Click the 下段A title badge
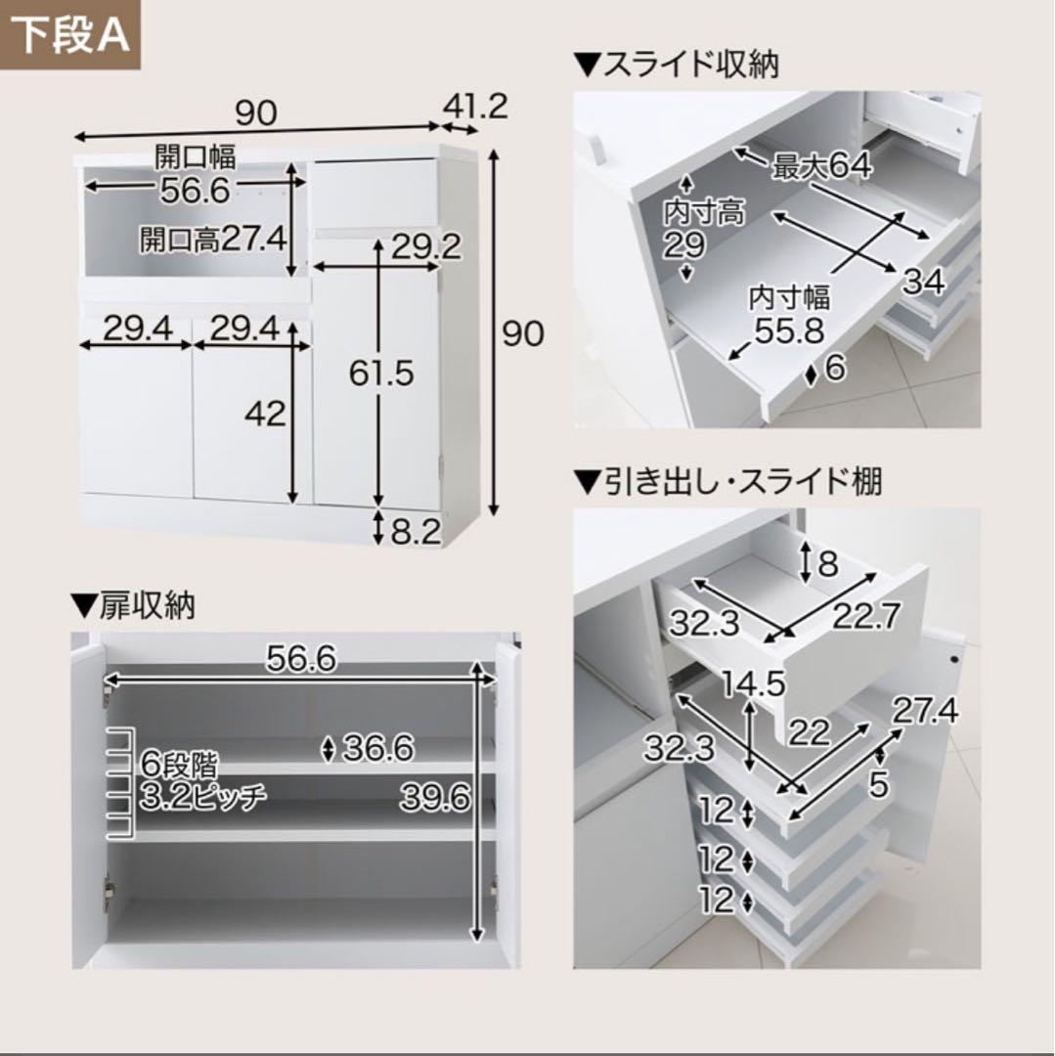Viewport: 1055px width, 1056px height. (x=70, y=35)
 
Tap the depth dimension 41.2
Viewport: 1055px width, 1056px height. (x=475, y=107)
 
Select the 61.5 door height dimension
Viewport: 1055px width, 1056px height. (x=381, y=373)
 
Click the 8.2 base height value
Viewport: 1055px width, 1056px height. (x=416, y=532)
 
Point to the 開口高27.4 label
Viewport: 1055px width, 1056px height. (x=213, y=240)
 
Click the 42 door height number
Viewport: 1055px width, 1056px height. (x=265, y=413)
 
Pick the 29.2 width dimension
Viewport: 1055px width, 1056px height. (x=426, y=247)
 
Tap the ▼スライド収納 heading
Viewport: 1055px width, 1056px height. (x=676, y=66)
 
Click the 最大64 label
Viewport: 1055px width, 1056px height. (x=821, y=165)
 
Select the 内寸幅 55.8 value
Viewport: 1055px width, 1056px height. (x=789, y=315)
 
